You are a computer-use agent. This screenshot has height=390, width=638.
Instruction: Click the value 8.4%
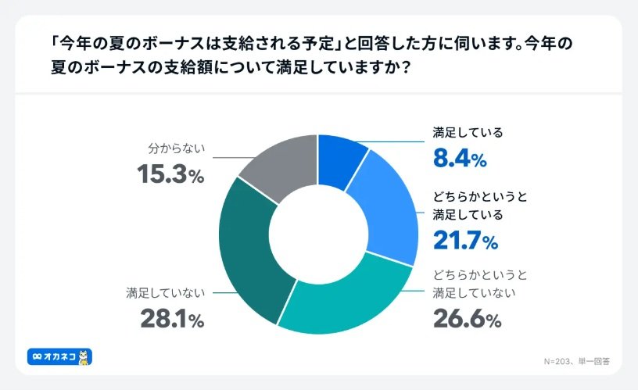[x=460, y=160]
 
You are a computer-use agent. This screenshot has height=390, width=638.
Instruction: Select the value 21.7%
[x=465, y=242]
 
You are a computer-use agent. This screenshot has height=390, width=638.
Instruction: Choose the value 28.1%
[x=172, y=319]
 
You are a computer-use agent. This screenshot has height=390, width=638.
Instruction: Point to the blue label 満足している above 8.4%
[x=468, y=133]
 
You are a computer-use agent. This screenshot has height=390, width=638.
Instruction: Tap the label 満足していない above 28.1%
[x=165, y=293]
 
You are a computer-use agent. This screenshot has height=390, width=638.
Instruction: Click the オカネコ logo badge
[x=59, y=356]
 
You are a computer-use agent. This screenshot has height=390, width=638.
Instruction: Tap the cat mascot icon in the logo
[x=84, y=356]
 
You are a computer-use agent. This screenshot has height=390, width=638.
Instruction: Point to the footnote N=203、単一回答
[x=576, y=361]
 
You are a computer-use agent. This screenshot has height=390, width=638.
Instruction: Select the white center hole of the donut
[x=318, y=232]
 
